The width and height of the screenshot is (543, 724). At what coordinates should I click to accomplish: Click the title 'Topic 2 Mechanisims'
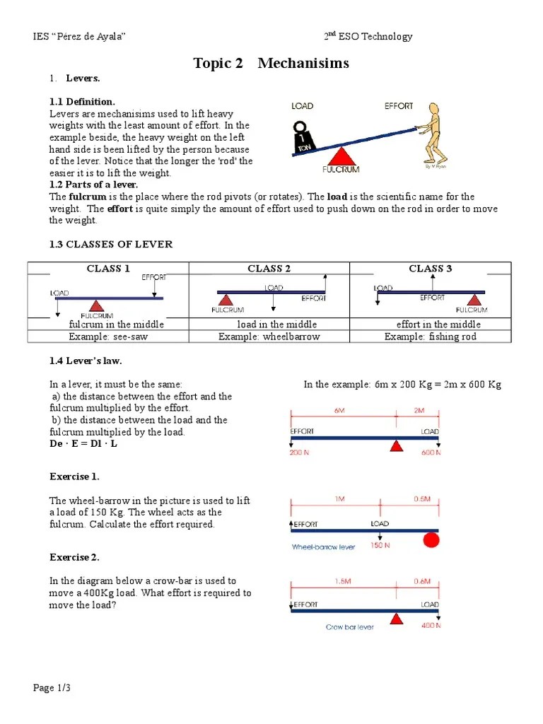pyautogui.click(x=271, y=64)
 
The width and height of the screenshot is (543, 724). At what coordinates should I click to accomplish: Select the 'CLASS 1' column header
pyautogui.click(x=108, y=269)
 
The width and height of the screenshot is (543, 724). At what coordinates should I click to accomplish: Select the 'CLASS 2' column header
pyautogui.click(x=269, y=269)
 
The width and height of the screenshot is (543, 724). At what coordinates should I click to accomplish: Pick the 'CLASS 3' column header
pyautogui.click(x=431, y=269)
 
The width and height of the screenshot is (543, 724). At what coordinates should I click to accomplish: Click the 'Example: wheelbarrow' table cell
pyautogui.click(x=269, y=337)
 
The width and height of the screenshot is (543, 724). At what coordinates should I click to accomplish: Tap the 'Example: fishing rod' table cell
pyautogui.click(x=431, y=337)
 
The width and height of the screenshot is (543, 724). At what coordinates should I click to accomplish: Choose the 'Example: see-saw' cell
pyautogui.click(x=108, y=337)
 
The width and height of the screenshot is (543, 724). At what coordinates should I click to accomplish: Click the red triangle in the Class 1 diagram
pyautogui.click(x=96, y=305)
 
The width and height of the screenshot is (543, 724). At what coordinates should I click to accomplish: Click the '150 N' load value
pyautogui.click(x=380, y=545)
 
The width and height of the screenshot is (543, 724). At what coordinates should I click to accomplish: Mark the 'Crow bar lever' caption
pyautogui.click(x=350, y=626)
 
